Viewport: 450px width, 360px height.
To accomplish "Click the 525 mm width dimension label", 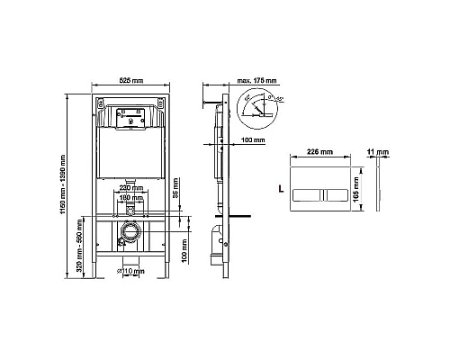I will (x=132, y=80).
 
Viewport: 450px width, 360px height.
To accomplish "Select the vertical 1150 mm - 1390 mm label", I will (x=61, y=179).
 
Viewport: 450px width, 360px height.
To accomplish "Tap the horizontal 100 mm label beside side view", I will (x=254, y=140).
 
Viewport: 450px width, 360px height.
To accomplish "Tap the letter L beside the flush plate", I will (x=281, y=191).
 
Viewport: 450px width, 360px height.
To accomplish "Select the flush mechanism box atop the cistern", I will (x=132, y=117).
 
